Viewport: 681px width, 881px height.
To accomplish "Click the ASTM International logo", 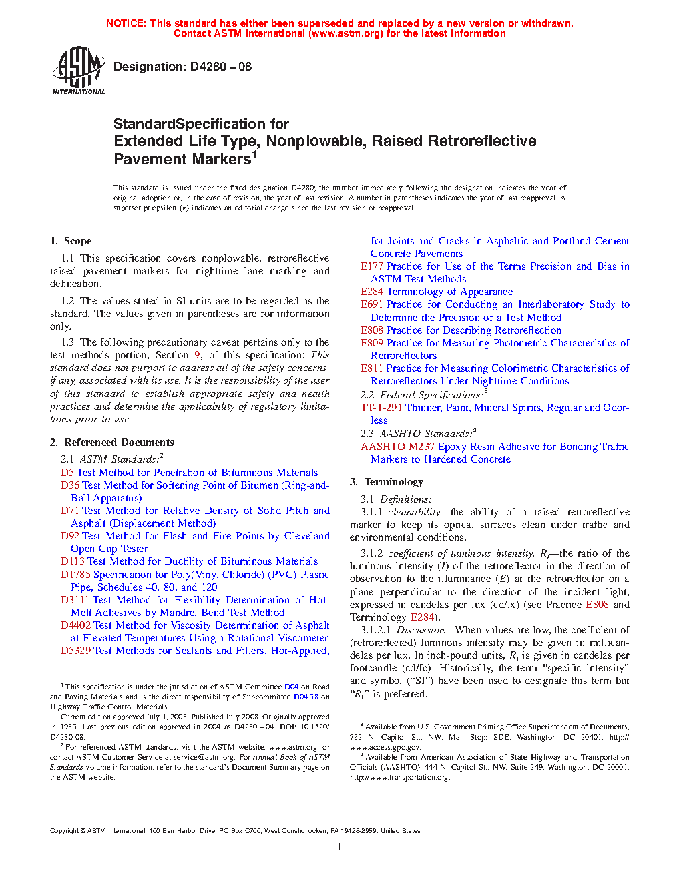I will coord(79,69).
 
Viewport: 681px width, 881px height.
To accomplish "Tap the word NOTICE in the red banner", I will coord(126,23).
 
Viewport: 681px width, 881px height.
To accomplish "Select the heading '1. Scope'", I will coord(71,241).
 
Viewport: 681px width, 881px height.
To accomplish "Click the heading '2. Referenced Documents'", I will coord(111,443).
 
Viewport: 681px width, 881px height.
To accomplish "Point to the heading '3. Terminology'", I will coord(387,482).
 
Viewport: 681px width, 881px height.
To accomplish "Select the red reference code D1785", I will coord(75,575).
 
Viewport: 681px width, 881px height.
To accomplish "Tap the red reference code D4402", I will coord(75,625).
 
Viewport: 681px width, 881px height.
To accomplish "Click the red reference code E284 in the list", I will coord(372,292).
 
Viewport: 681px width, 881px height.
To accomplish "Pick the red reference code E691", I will coord(372,304).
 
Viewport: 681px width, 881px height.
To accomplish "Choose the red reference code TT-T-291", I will coord(381,408).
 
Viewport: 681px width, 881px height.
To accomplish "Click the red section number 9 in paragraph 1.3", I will coord(197,355).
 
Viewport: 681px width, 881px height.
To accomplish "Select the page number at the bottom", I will coord(340,847).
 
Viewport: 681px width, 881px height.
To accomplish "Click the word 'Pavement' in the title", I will coord(148,160).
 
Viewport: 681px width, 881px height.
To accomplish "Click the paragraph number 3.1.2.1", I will coord(376,630).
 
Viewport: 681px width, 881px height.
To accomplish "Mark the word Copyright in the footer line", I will coord(64,831).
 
